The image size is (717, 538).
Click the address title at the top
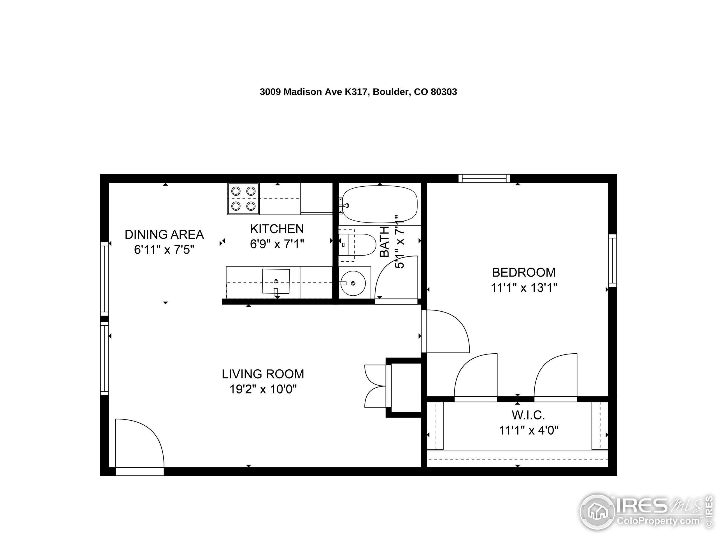coord(358,92)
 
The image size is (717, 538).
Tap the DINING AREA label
coord(164,235)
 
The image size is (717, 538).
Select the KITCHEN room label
coord(277,229)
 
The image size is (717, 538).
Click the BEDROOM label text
coord(523,272)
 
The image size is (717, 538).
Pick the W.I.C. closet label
coord(528,415)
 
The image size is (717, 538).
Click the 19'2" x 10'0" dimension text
coord(263,389)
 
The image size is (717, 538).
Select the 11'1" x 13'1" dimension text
coord(523,288)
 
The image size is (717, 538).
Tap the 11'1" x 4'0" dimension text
coord(528,430)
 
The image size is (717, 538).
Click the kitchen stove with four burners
coord(243,199)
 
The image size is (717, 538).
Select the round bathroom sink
coord(353,283)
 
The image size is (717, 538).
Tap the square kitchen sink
coord(276,281)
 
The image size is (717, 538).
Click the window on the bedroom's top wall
coord(484,178)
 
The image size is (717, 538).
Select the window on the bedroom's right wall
coord(612,260)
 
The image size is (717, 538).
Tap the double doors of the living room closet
coord(376,386)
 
